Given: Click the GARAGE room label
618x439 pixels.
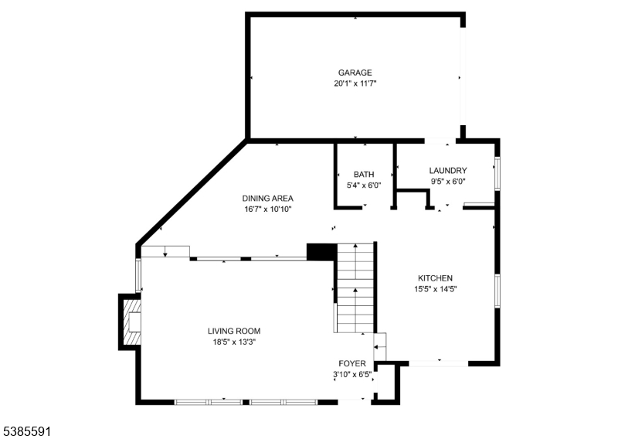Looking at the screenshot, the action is [x=355, y=73].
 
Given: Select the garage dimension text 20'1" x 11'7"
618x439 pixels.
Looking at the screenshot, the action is [x=355, y=83].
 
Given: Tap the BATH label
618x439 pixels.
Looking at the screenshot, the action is [x=364, y=175].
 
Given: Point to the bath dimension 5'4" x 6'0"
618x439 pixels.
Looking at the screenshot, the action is [x=364, y=185].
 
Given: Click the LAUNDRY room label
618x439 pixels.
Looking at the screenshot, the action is [x=448, y=170].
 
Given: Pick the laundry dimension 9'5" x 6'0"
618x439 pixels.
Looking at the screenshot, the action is [x=448, y=182].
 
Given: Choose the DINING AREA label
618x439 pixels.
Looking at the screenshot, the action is [x=267, y=199].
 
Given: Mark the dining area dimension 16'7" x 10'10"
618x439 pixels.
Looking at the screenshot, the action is [x=267, y=209].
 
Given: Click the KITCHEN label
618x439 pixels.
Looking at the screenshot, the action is [x=435, y=278].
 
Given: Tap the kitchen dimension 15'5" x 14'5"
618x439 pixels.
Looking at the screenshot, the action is [x=435, y=289].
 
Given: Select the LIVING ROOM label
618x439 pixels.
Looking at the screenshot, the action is [x=234, y=331].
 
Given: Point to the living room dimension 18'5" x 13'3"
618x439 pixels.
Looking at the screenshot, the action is [x=234, y=342].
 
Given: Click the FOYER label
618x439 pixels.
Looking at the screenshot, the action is [x=352, y=363].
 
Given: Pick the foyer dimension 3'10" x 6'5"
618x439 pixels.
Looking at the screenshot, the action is [x=352, y=374].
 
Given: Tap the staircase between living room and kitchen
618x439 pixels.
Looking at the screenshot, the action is [x=355, y=288].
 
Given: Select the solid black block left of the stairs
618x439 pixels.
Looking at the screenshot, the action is [x=321, y=252].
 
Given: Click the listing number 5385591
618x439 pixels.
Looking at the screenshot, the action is [x=25, y=431].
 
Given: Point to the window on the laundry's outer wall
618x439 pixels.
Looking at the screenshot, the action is [x=497, y=174].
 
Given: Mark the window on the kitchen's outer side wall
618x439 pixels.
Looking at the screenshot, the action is [x=497, y=291].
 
